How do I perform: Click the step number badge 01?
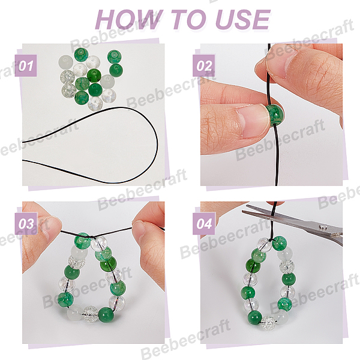click(26, 65)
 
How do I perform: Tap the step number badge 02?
click(204, 65)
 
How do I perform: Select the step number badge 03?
click(26, 224)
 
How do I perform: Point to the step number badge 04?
click(204, 224)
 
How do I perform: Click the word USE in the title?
click(242, 20)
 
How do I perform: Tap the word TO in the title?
click(190, 20)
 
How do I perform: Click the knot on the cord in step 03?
click(92, 237)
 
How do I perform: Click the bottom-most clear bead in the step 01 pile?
click(95, 103)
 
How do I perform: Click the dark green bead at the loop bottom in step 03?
click(106, 314)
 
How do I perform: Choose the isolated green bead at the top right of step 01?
click(115, 57)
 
